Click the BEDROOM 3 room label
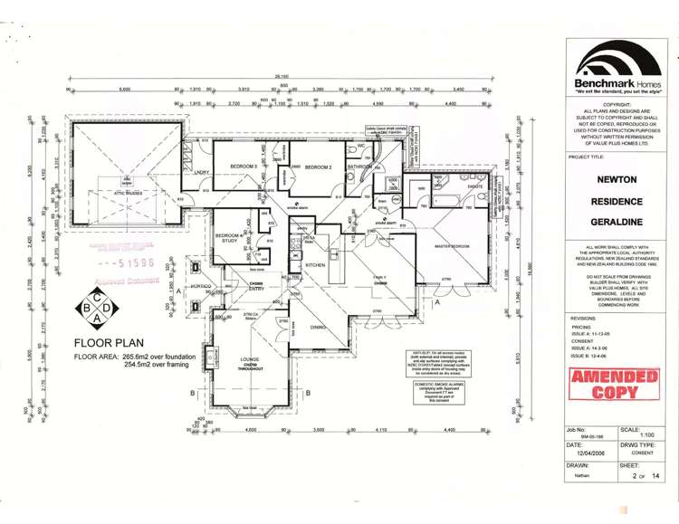pos(244,167)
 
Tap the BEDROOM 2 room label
pos(319,167)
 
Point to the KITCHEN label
pos(315,264)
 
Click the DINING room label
pos(318,327)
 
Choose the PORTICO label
pos(201,286)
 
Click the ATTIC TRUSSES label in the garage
pos(129,193)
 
